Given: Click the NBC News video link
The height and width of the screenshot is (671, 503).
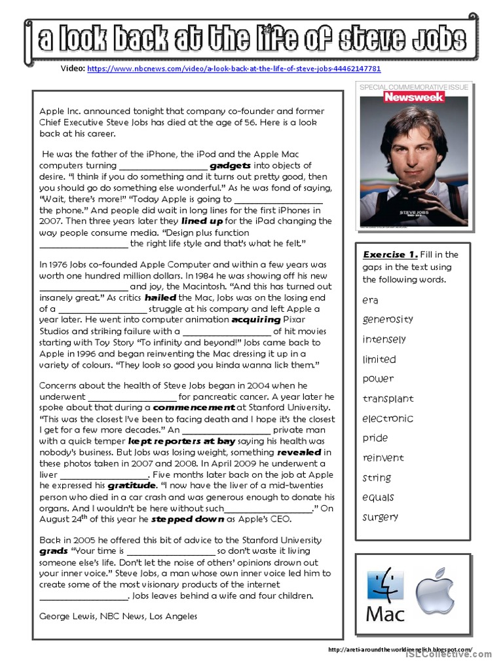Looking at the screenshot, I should tap(234, 68).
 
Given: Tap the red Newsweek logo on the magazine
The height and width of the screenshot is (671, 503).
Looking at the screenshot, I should tap(414, 97).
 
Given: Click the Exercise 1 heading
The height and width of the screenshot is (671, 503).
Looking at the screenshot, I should tap(390, 254).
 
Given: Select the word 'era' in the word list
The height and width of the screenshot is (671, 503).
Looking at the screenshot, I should tap(370, 300).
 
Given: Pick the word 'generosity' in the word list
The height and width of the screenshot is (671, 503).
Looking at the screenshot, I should tap(388, 319).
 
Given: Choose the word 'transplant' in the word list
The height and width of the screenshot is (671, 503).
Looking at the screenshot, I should tap(388, 398).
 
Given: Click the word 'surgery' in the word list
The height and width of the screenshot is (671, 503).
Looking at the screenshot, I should tap(381, 517).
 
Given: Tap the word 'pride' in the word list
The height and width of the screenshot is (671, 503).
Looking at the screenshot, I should tap(375, 438).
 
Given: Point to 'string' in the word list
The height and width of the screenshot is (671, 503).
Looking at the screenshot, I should tap(377, 478).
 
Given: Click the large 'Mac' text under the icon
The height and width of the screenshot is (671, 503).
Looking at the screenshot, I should tap(385, 615).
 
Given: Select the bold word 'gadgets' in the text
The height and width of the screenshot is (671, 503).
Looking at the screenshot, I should tap(231, 166).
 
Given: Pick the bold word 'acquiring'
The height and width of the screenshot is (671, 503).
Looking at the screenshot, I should tap(256, 320).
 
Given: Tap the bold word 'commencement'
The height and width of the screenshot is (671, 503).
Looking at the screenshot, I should tap(193, 407).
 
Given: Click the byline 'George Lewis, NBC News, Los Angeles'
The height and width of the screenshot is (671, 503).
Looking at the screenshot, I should tap(118, 616).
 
